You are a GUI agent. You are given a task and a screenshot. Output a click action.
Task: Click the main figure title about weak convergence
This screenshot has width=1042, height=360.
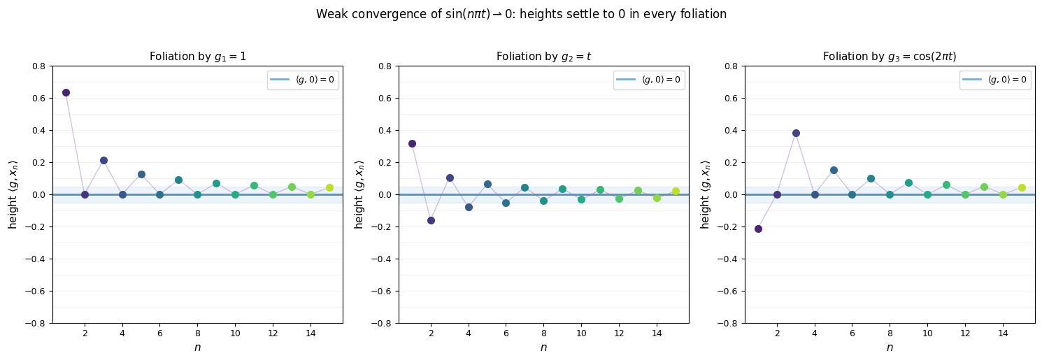click(x=521, y=14)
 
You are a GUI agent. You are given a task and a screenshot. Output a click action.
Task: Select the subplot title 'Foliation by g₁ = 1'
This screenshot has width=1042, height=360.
click(x=197, y=57)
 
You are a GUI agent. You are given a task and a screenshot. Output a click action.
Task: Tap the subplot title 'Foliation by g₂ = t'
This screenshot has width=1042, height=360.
click(x=543, y=57)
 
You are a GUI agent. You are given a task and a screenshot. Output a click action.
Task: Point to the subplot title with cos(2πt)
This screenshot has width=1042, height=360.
click(x=890, y=57)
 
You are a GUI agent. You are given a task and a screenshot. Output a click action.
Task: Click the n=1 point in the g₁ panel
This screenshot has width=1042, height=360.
click(x=66, y=92)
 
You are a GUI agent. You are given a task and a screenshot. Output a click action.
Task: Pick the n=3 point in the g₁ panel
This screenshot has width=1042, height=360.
click(x=104, y=160)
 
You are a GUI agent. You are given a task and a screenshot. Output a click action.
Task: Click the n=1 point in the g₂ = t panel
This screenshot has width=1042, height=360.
click(x=412, y=143)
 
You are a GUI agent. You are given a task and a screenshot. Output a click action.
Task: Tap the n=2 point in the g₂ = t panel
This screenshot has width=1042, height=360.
click(x=431, y=220)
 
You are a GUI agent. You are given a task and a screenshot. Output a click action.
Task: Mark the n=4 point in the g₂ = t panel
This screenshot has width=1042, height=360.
click(x=469, y=207)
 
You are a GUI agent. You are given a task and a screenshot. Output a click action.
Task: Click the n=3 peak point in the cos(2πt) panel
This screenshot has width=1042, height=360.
click(x=796, y=133)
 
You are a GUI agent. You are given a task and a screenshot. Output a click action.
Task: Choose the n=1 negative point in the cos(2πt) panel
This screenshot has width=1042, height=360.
click(x=758, y=229)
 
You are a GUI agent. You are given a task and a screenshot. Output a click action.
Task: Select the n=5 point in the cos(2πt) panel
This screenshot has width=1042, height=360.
click(x=834, y=170)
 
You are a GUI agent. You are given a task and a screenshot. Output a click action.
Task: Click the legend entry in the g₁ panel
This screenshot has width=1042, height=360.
click(x=303, y=80)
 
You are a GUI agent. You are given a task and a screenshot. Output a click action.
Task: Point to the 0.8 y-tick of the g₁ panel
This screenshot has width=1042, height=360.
click(x=39, y=66)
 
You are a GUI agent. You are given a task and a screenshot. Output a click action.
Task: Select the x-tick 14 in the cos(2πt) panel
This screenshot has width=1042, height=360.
click(x=1003, y=333)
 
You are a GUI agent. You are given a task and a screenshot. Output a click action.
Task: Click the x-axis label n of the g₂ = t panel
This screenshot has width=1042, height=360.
click(x=543, y=347)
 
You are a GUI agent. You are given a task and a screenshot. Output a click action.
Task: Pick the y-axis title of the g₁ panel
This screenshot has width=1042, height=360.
click(x=13, y=194)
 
